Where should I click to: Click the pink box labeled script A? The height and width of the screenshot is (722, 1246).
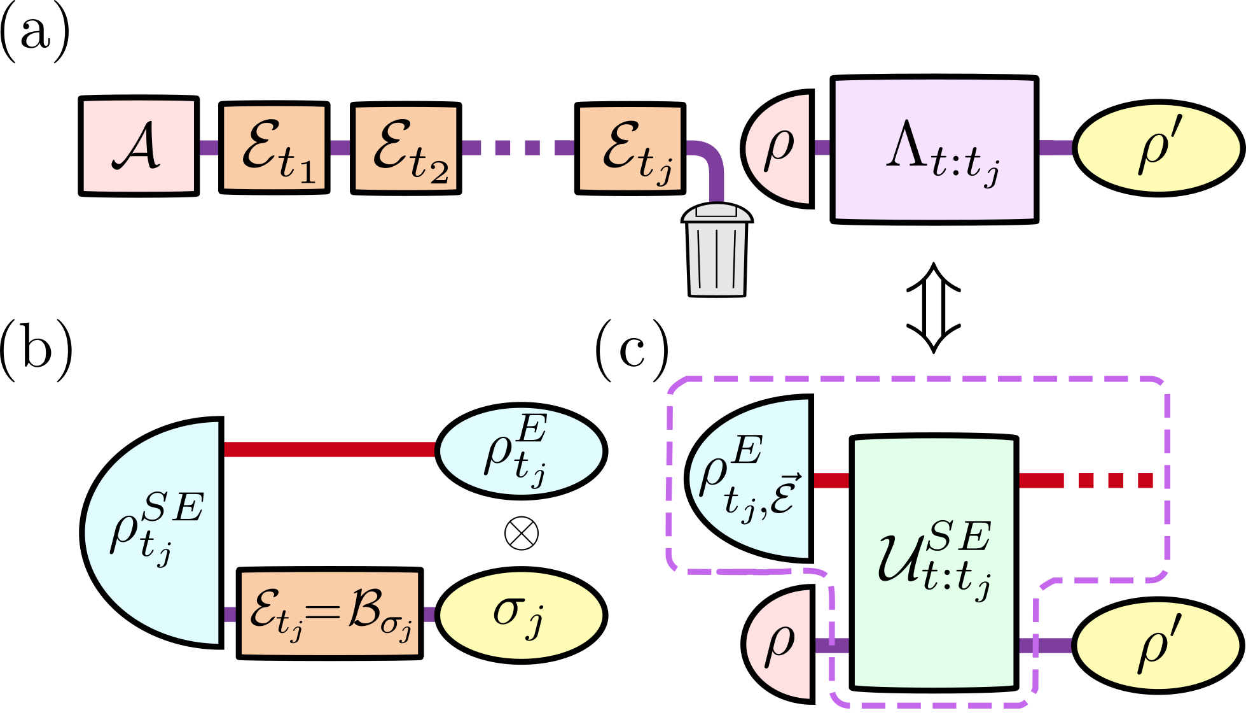pos(139,146)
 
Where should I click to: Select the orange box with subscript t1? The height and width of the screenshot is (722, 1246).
pos(274,148)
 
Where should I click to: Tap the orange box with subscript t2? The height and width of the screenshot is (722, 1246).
pos(406,148)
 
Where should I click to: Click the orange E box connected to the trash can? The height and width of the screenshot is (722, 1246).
pos(630,148)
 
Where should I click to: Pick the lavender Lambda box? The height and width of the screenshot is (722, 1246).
pos(934,150)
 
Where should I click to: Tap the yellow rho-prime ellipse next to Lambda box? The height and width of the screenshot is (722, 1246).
pos(1158,148)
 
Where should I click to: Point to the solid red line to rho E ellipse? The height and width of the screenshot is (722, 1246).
pos(329,449)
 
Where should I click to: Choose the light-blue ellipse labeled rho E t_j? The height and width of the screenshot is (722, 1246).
pos(521,451)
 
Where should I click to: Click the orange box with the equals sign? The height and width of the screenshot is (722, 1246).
pos(329,614)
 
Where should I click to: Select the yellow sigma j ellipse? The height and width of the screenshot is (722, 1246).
pos(521,615)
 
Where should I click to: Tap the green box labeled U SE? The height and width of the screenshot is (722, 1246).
pos(933,563)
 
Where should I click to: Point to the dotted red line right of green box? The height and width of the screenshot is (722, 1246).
pos(1086,481)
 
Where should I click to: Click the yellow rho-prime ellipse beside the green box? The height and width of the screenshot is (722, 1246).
pos(1158,646)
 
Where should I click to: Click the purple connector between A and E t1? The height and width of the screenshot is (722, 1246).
pos(209,148)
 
